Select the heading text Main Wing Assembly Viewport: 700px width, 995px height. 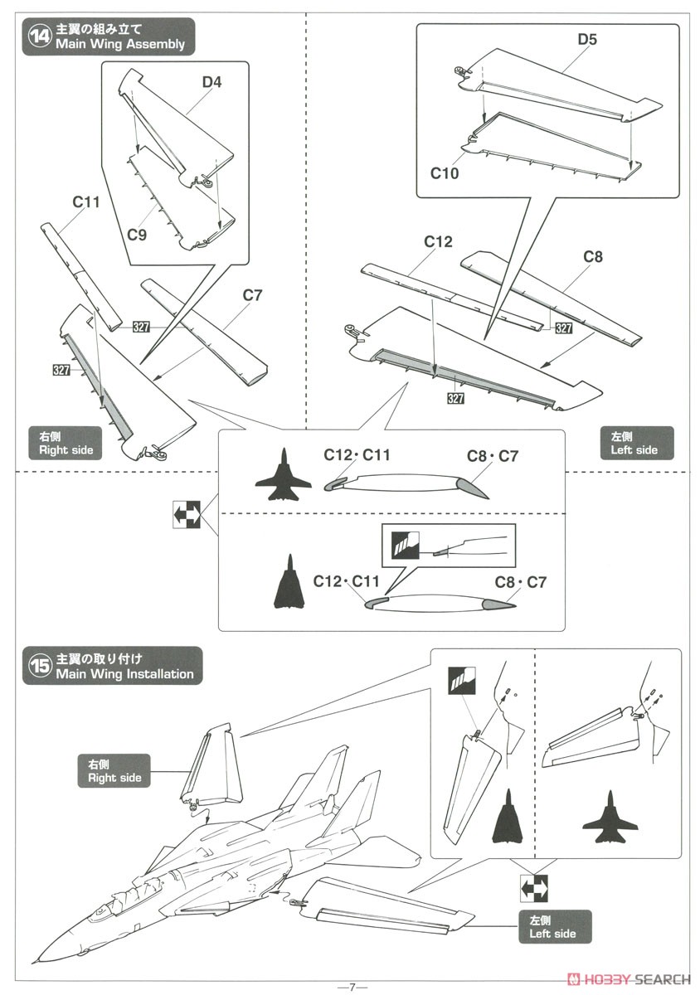click(120, 44)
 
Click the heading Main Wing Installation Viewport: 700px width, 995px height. click(124, 674)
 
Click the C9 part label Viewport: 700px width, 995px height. click(137, 235)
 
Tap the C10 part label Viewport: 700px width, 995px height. click(445, 173)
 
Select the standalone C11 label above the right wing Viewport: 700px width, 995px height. click(86, 201)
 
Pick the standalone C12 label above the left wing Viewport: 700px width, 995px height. click(438, 241)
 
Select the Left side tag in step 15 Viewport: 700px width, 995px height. click(553, 926)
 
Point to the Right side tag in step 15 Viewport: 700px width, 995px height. click(114, 770)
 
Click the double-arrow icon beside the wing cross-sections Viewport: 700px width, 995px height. click(187, 515)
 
